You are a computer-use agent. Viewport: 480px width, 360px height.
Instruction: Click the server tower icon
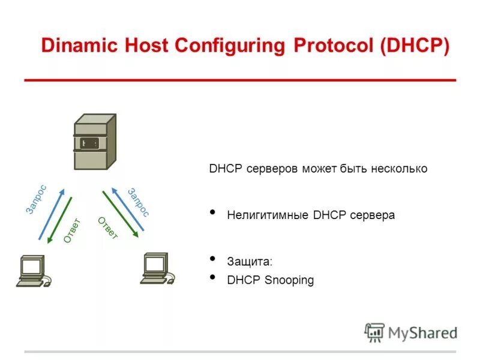pyautogui.click(x=94, y=142)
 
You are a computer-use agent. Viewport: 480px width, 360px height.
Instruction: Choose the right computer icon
pyautogui.click(x=157, y=268)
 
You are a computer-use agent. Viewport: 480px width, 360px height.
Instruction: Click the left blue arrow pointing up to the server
pyautogui.click(x=50, y=214)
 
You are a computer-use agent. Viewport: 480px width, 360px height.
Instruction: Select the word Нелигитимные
pyautogui.click(x=268, y=215)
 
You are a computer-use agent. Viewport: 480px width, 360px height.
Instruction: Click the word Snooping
pyautogui.click(x=289, y=280)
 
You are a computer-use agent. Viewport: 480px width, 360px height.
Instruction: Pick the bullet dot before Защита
pyautogui.click(x=213, y=260)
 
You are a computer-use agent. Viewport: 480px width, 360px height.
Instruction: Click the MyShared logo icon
pyautogui.click(x=374, y=332)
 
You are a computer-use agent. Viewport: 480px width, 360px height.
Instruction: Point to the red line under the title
pyautogui.click(x=240, y=80)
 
